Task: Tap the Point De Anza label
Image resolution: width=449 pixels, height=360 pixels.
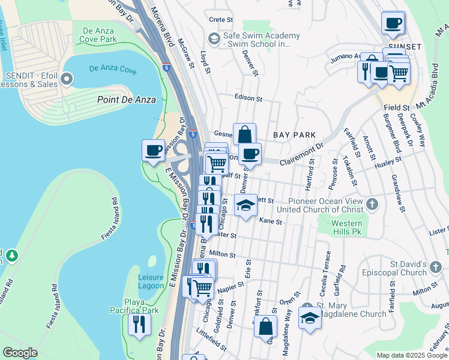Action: click(127, 100)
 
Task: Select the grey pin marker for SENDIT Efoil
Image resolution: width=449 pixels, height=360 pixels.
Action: click(67, 79)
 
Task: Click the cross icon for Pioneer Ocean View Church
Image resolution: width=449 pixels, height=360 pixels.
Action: click(372, 205)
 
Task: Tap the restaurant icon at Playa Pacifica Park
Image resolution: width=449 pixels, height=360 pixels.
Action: click(139, 325)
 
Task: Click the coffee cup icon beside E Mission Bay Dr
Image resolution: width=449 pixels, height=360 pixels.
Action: click(153, 149)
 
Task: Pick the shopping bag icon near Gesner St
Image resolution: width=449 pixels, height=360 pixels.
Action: click(244, 133)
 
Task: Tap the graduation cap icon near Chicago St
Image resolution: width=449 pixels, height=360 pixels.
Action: click(245, 206)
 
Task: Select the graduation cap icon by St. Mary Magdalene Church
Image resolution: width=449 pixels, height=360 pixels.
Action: click(310, 317)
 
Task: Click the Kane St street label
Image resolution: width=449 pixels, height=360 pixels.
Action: click(271, 222)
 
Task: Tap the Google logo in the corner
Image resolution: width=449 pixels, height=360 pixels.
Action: click(20, 353)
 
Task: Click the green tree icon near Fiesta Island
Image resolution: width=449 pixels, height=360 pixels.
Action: click(10, 256)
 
